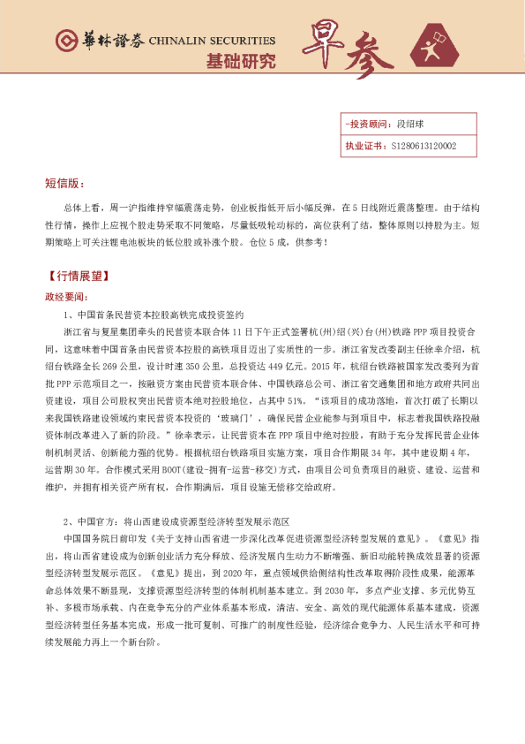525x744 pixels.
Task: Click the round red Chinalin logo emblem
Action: click(x=64, y=41)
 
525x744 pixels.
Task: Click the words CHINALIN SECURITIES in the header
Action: click(x=213, y=41)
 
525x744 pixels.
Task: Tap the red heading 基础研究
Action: click(x=240, y=62)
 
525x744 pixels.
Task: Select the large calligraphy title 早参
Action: click(x=348, y=50)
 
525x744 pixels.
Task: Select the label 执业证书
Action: click(x=364, y=146)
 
